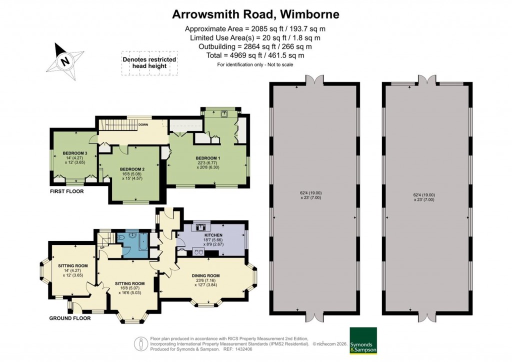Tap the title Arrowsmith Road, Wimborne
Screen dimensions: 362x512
point(255,14)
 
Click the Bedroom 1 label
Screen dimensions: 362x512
point(207,158)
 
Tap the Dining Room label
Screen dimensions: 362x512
point(206,275)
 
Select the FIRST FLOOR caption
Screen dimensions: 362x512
point(66,191)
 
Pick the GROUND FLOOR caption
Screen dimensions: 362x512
point(70,318)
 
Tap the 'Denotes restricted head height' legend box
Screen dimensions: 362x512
point(149,63)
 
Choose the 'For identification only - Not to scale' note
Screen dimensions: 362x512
point(255,64)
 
